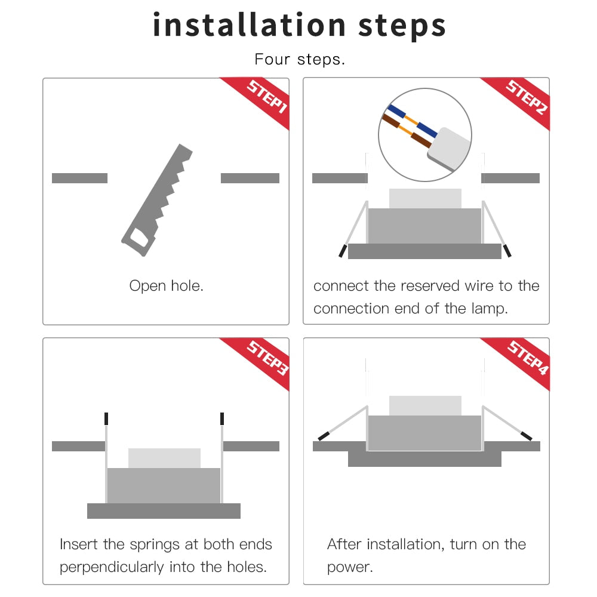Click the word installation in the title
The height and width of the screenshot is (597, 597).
click(x=249, y=25)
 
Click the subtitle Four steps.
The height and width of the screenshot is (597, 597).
click(x=299, y=60)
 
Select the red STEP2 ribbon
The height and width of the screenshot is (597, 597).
click(x=525, y=99)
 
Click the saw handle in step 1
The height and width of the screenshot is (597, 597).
click(x=137, y=240)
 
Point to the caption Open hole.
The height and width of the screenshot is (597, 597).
click(x=166, y=286)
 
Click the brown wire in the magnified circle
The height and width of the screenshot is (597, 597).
click(x=397, y=122)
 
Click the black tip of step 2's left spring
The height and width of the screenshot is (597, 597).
click(x=343, y=251)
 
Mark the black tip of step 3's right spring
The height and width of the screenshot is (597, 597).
click(x=222, y=418)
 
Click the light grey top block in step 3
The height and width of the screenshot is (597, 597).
click(x=164, y=458)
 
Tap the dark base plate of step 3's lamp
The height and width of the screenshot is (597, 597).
click(x=164, y=511)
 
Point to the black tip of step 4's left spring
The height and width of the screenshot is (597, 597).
click(x=323, y=436)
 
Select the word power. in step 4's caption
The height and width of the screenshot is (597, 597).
click(x=350, y=567)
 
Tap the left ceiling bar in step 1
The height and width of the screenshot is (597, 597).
click(x=79, y=178)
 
